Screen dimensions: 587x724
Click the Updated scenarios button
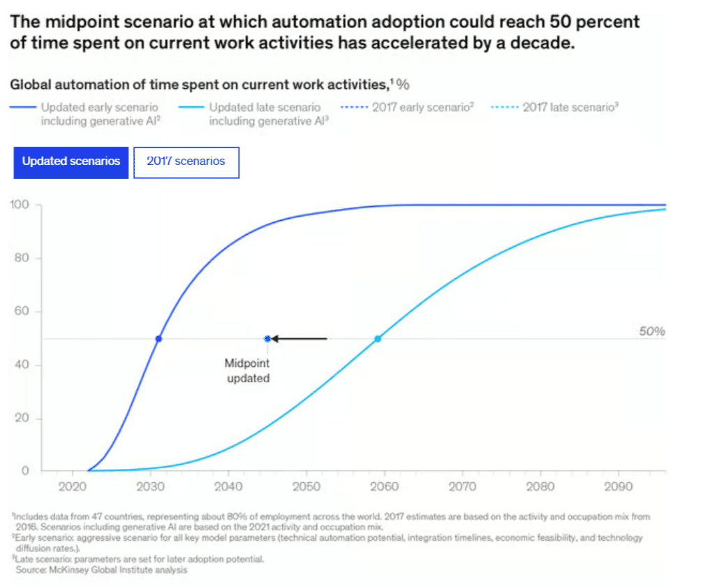pyautogui.click(x=71, y=161)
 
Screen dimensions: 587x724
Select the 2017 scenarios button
pyautogui.click(x=186, y=161)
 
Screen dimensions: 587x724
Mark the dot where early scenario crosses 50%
pyautogui.click(x=158, y=339)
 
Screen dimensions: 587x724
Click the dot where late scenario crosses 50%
pyautogui.click(x=378, y=339)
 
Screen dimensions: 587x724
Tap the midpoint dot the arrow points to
pyautogui.click(x=267, y=339)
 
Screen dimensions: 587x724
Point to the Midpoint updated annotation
pyautogui.click(x=247, y=371)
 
